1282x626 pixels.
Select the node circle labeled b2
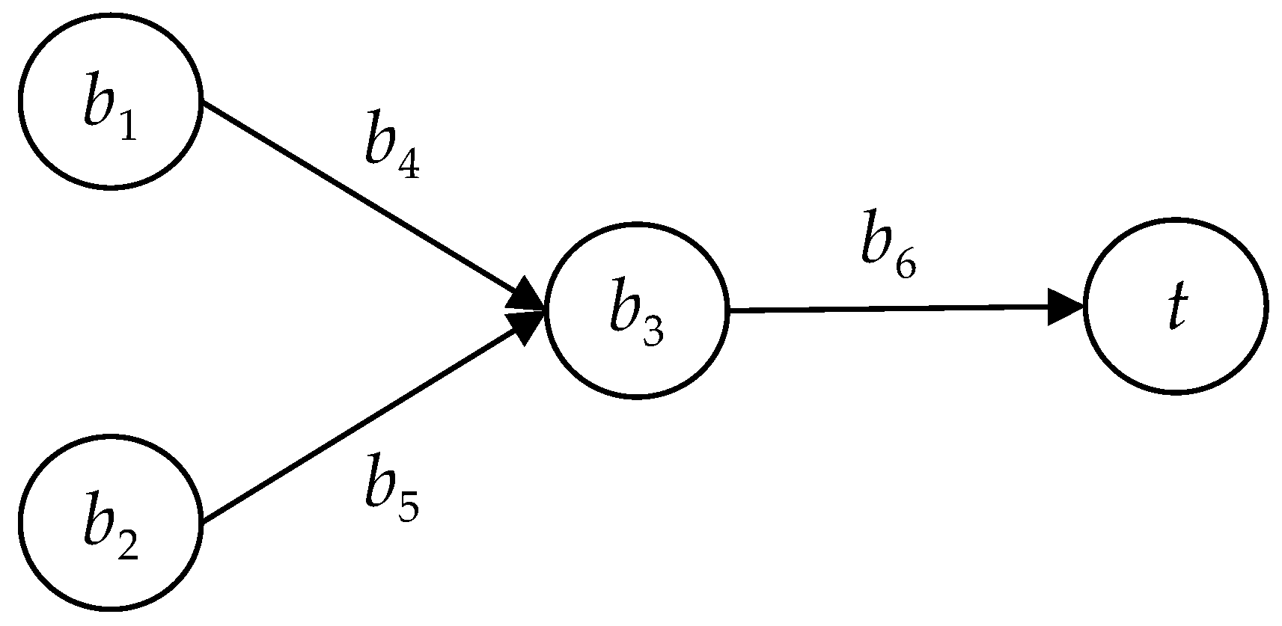click(x=110, y=521)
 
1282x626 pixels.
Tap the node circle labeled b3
click(x=637, y=310)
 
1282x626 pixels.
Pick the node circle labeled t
click(x=1175, y=306)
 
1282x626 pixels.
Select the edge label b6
click(x=888, y=250)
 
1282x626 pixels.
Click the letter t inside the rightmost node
click(x=1177, y=307)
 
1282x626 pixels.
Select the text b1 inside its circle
click(x=109, y=108)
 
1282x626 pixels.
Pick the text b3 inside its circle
click(x=635, y=317)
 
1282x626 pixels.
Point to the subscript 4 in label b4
click(x=407, y=165)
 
